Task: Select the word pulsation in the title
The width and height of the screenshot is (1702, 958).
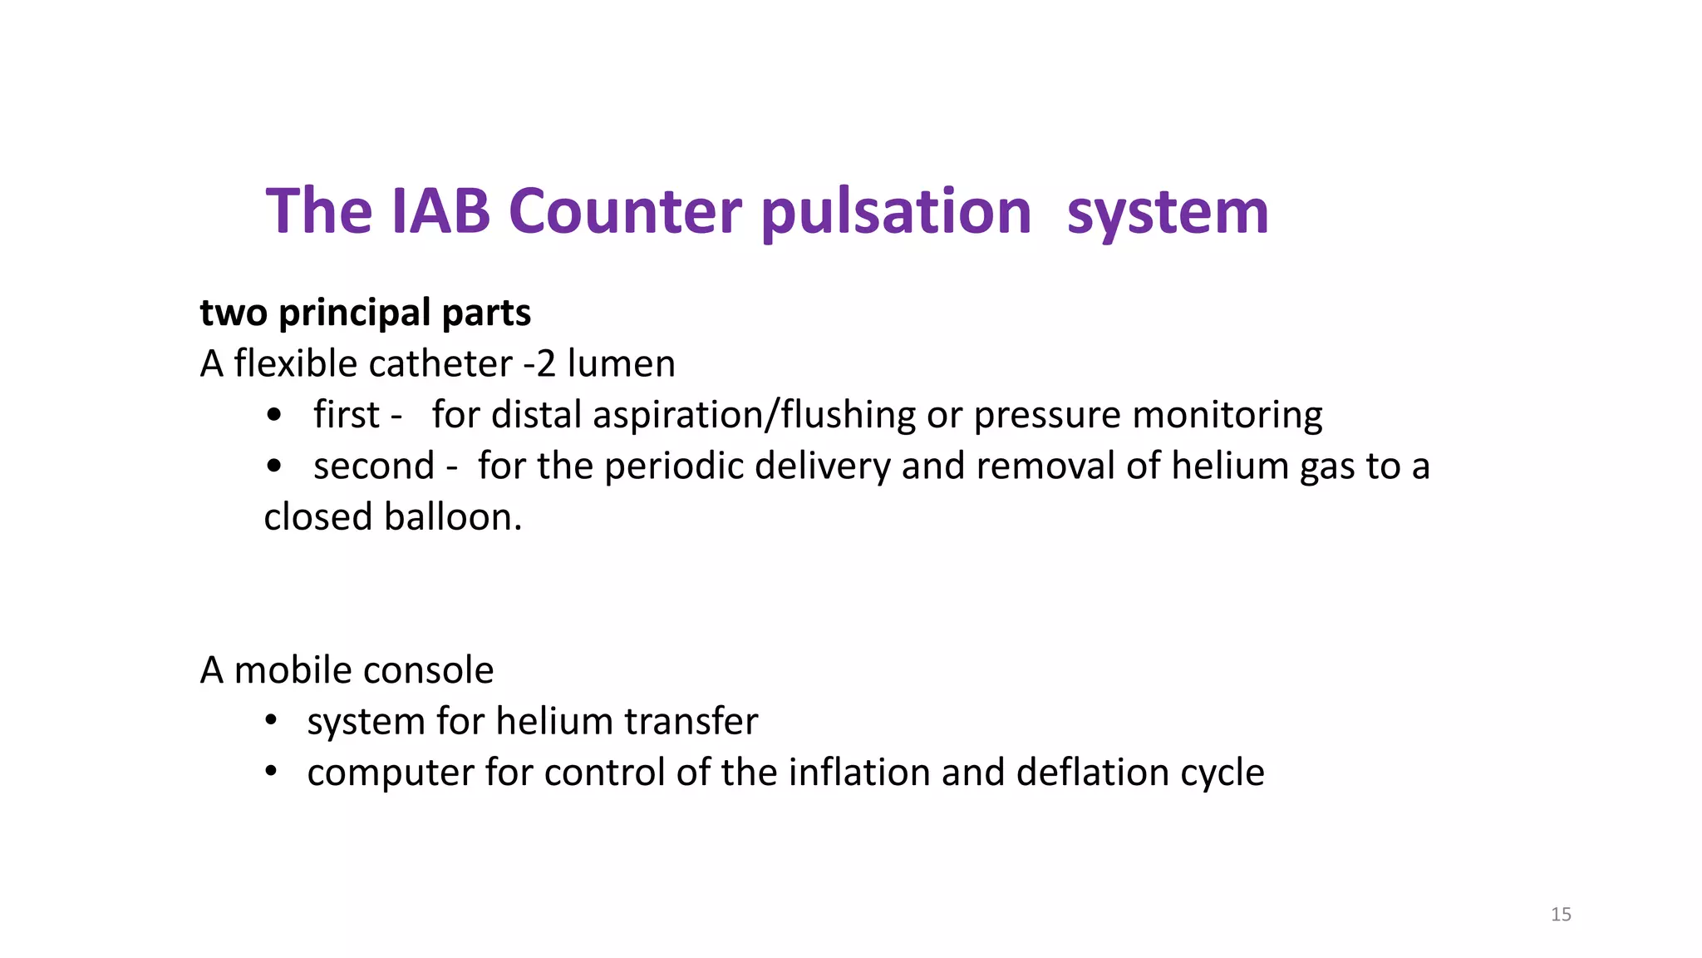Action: click(896, 212)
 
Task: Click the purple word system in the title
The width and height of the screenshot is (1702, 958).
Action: click(1168, 212)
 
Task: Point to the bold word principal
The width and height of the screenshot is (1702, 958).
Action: click(355, 313)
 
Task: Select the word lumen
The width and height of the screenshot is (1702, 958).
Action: click(621, 363)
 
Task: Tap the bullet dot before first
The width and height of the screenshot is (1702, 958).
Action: click(274, 414)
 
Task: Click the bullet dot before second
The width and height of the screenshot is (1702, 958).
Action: click(274, 466)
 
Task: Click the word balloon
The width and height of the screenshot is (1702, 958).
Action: click(453, 516)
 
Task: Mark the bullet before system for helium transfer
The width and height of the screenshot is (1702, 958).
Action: click(270, 720)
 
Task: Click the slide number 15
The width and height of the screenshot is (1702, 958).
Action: click(1561, 915)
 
